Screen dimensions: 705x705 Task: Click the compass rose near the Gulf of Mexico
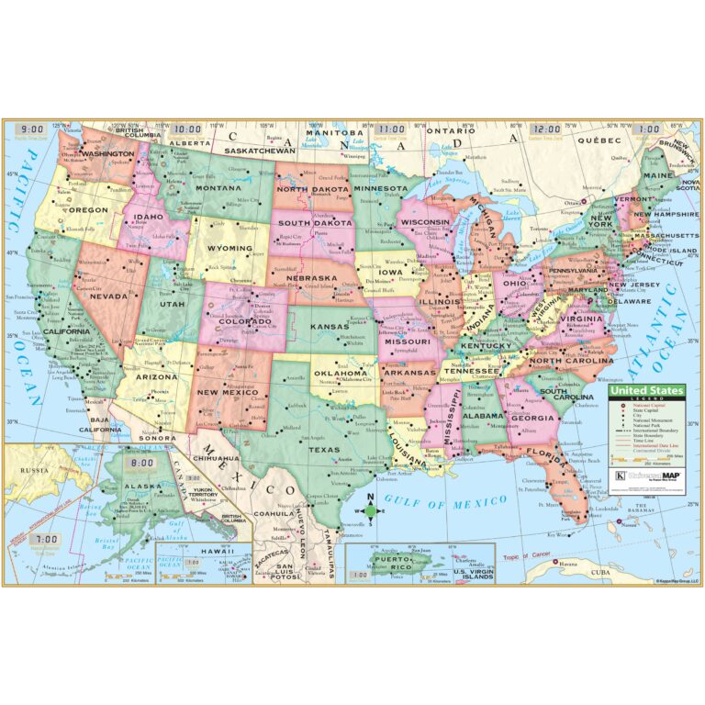click(369, 510)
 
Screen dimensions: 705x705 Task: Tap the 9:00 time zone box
click(34, 129)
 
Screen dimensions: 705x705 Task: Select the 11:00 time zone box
click(391, 129)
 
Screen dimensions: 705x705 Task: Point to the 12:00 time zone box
click(548, 129)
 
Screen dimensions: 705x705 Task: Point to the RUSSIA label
click(35, 470)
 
